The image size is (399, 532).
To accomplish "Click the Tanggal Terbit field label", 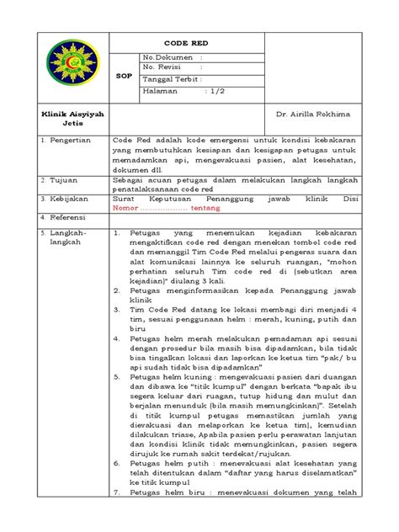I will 173,78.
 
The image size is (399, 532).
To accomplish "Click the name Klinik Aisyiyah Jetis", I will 60,116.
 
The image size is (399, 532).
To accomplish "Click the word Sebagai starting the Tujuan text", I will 130,180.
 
